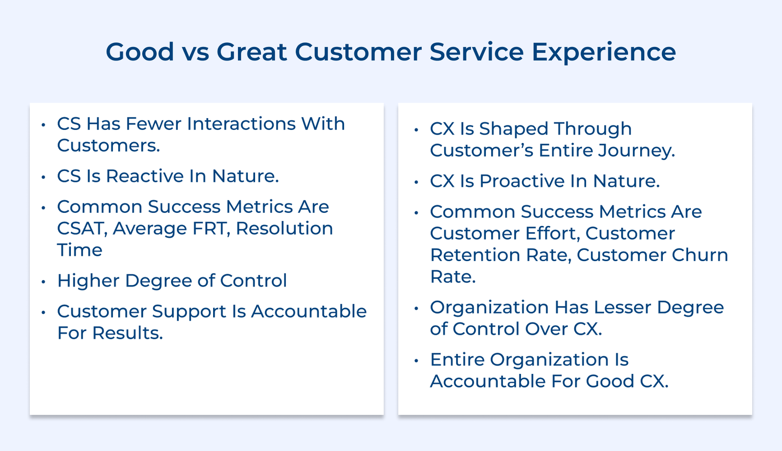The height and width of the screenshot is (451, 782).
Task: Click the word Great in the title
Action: (x=251, y=52)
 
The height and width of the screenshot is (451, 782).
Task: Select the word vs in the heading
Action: (x=195, y=53)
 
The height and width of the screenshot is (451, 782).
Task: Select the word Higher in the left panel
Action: (x=88, y=281)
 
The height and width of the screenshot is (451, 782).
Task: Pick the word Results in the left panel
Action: (x=127, y=333)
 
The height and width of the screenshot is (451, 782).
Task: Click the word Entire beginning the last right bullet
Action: (x=457, y=360)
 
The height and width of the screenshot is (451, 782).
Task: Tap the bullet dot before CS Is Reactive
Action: (x=43, y=177)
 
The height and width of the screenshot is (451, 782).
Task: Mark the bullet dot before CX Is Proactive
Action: (x=416, y=182)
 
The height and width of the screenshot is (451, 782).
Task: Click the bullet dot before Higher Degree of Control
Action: (x=43, y=282)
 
